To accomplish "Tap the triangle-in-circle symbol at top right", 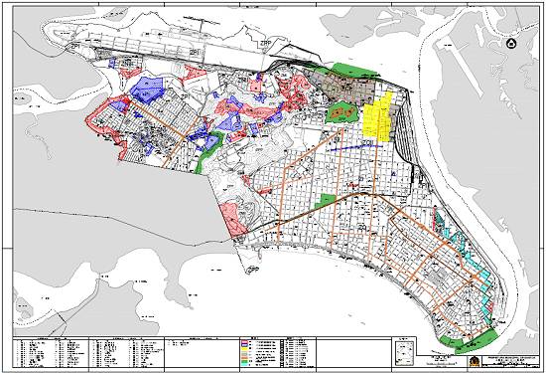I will pos(511,44).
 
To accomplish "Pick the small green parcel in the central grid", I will pos(326,201).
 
